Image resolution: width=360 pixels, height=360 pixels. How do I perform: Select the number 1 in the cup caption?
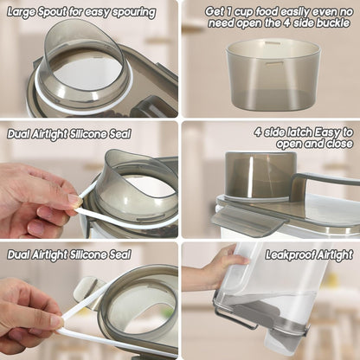[228, 12]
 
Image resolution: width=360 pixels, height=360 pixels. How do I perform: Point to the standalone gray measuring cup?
[273, 75]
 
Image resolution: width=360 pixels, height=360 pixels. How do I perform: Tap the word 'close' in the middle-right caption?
[339, 144]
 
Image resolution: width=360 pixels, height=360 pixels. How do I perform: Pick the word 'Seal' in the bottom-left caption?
[119, 254]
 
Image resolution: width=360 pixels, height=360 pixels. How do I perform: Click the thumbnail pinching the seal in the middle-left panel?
[74, 199]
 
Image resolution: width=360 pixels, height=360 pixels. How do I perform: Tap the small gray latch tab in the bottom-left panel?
[86, 289]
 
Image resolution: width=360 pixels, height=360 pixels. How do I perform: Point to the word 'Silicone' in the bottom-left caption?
[87, 254]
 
